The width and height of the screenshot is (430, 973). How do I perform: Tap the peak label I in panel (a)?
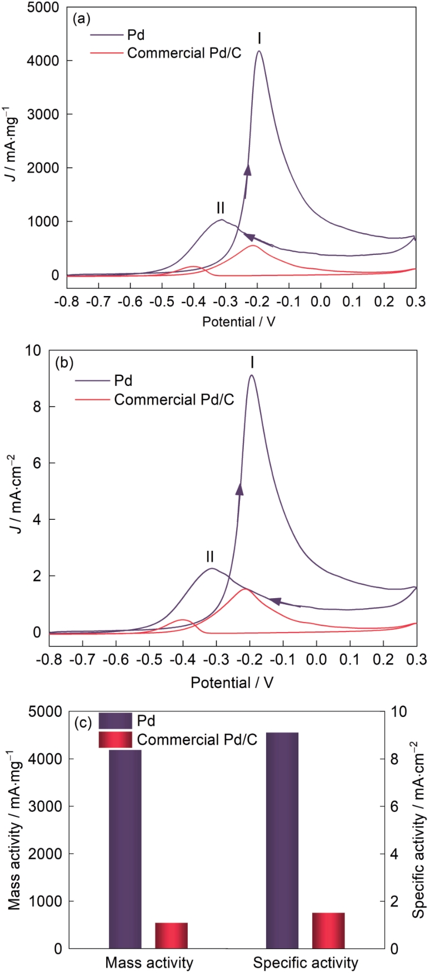(259, 38)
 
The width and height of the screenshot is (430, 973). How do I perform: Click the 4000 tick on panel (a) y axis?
(47, 61)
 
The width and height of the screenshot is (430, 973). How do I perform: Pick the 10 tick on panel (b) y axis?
(34, 350)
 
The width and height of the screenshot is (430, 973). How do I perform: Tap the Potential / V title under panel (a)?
(238, 322)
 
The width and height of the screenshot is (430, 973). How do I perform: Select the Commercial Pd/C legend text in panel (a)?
(184, 53)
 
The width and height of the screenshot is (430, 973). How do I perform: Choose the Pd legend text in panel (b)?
(123, 381)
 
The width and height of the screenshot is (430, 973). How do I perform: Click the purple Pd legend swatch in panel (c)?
(115, 721)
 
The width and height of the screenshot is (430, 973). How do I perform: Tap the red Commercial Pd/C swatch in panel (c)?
(115, 740)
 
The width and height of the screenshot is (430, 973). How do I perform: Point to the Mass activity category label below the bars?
(149, 962)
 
